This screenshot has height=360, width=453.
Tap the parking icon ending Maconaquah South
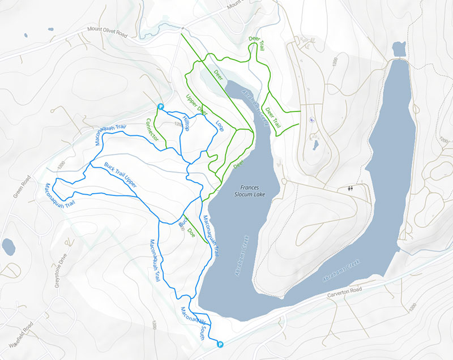coord(220,343)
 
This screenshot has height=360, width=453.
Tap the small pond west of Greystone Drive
coord(8,246)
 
